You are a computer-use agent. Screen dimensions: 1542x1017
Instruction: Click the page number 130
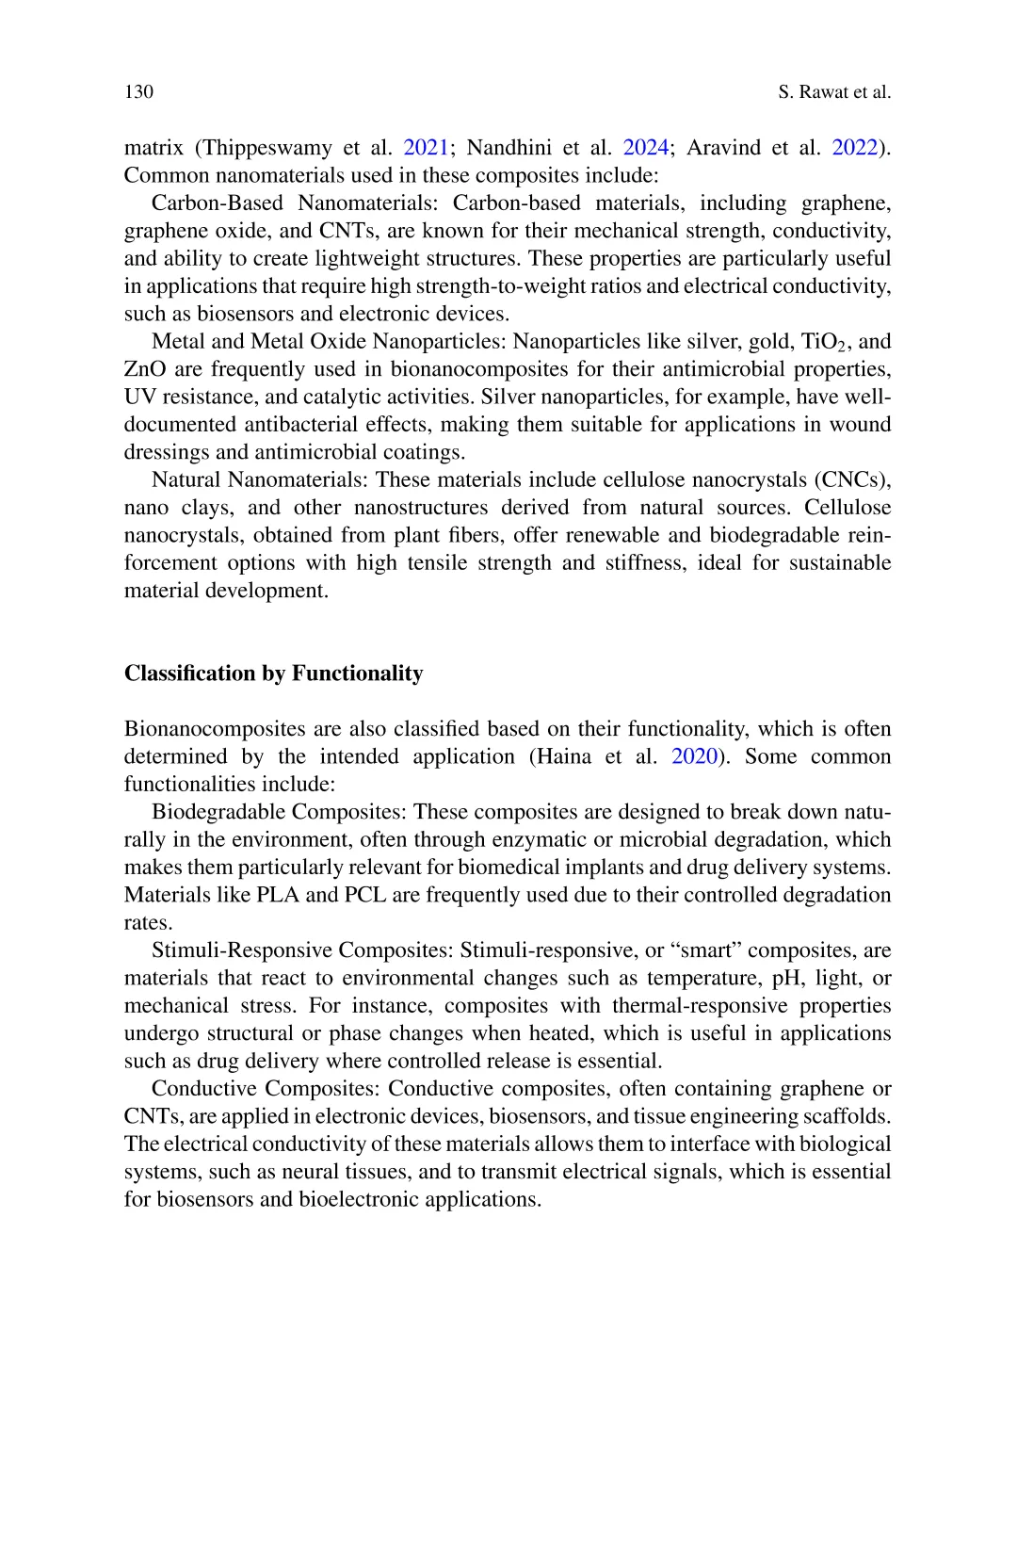(x=138, y=91)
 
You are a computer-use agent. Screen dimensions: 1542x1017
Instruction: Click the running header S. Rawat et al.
(x=834, y=91)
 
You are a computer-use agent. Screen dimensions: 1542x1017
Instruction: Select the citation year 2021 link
(x=426, y=148)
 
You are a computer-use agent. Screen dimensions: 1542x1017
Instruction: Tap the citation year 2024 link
(x=646, y=148)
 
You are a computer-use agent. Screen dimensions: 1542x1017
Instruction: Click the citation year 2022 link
(x=855, y=148)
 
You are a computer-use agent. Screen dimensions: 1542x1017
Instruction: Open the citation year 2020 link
(x=694, y=756)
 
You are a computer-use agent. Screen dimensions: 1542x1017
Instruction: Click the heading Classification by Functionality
(x=273, y=674)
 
